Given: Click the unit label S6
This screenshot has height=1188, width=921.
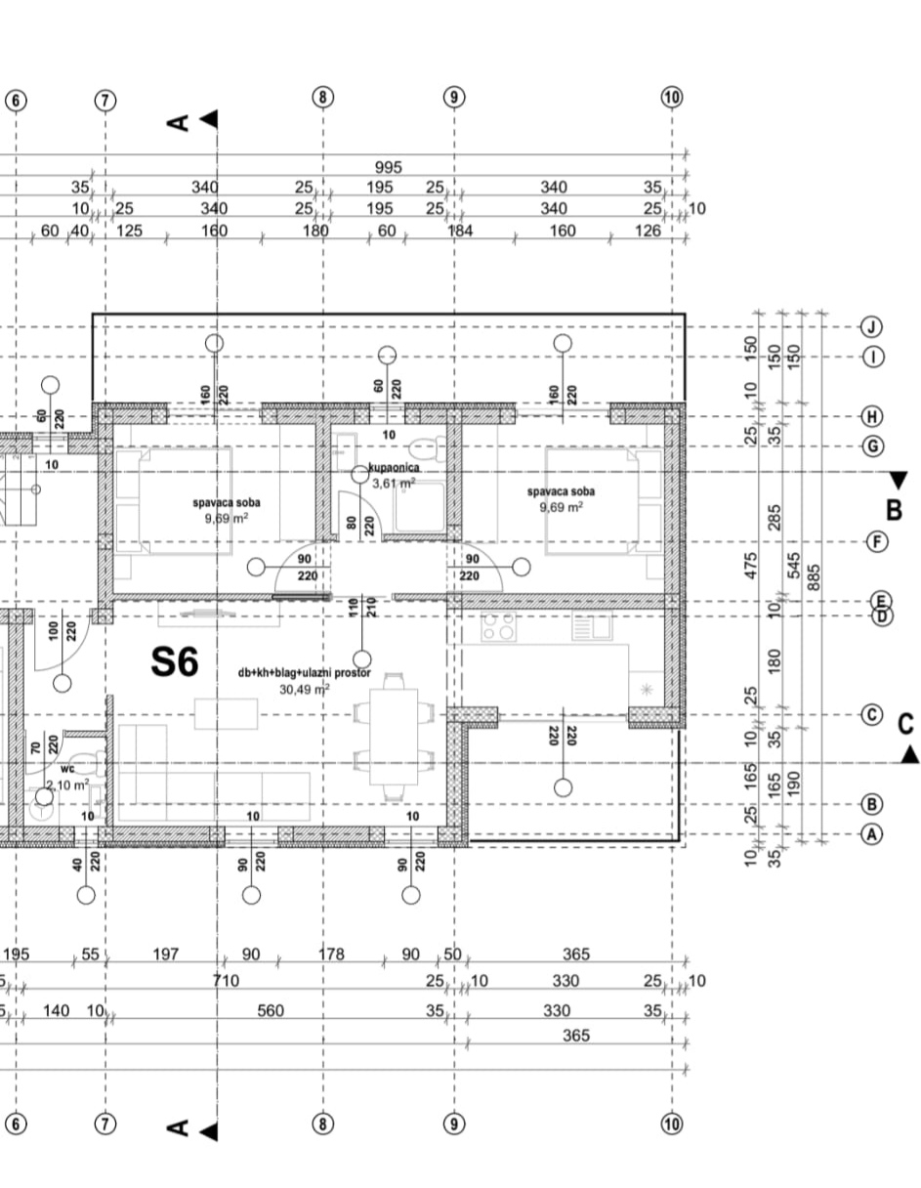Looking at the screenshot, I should click(x=175, y=662).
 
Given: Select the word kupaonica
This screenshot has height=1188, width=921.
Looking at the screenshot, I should click(x=395, y=468).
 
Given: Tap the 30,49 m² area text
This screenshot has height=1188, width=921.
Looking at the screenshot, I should click(x=304, y=688).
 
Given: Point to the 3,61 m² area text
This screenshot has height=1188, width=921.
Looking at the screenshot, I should click(x=394, y=483).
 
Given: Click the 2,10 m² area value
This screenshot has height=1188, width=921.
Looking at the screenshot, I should click(x=66, y=783).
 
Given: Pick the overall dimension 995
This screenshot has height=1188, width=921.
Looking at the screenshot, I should click(x=388, y=168).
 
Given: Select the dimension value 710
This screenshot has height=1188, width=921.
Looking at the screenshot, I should click(x=226, y=981).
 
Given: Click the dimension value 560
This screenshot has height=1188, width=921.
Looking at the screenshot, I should click(x=271, y=1011).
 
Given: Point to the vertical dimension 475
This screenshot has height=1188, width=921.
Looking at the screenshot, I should click(x=751, y=568).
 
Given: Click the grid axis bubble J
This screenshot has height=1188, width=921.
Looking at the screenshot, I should click(x=872, y=326).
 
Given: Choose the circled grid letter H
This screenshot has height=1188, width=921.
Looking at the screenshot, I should click(x=872, y=416).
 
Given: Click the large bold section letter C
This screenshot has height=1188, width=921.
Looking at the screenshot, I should click(x=905, y=724).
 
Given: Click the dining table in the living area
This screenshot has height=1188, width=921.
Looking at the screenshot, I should click(x=394, y=735).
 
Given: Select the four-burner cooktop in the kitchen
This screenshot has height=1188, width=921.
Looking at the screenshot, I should click(x=498, y=626).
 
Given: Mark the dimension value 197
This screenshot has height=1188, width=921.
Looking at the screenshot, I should click(x=166, y=954).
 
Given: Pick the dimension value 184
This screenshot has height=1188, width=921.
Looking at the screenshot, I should click(x=459, y=231).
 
